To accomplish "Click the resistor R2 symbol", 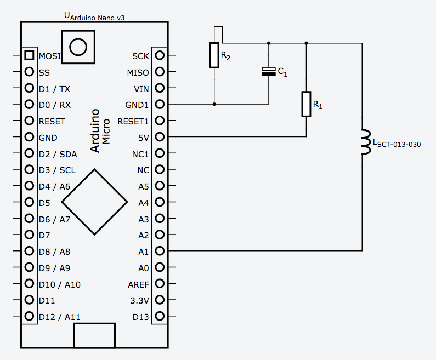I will pos(214,55).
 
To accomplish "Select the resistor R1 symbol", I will pos(306,104).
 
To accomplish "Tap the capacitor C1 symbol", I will pos(268,71).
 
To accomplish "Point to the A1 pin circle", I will pos(160,252).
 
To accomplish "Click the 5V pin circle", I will pos(160,137).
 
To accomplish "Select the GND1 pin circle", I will pos(160,104).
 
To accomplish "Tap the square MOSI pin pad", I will pos(29,55).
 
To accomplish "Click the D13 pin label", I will pos(140,317).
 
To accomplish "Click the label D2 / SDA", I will pos(58,154).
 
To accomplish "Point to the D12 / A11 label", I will pos(59,317).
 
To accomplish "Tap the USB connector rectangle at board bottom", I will pos(94,335).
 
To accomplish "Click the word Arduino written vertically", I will pos(95,130).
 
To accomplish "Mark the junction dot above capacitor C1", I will pos(268,43).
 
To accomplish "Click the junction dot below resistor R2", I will pos(214,104).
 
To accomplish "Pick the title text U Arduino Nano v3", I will pos(95,16).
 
